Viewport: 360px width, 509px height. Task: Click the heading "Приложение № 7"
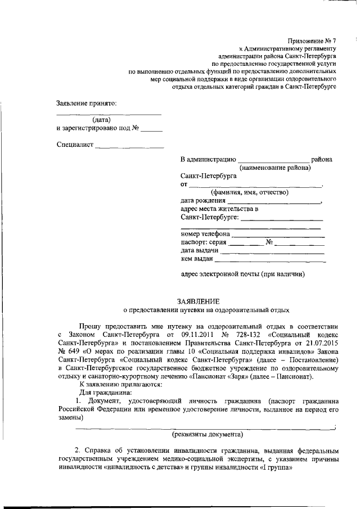(x=311, y=40)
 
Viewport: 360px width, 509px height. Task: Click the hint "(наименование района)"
(x=275, y=168)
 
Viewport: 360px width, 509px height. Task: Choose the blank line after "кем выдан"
(x=270, y=260)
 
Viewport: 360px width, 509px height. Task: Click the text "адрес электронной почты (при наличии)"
(x=242, y=274)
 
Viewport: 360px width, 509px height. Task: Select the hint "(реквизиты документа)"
(x=207, y=434)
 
